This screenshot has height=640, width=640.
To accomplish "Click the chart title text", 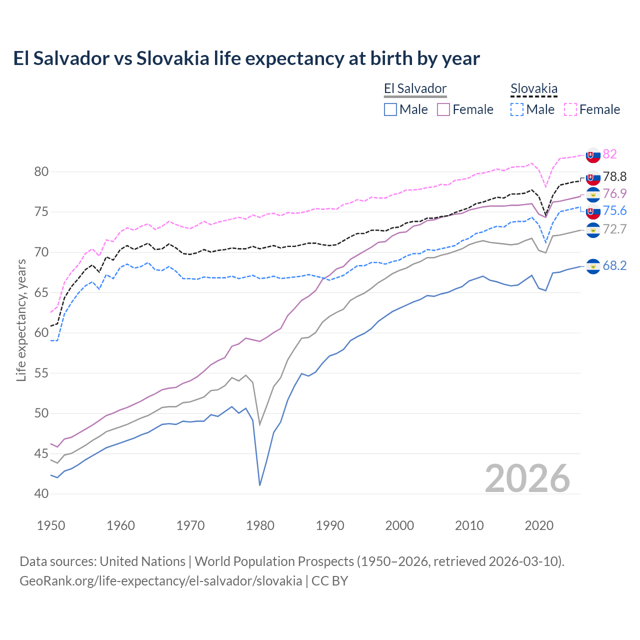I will tap(246, 58).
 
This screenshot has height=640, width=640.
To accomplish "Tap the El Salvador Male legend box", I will tap(390, 109).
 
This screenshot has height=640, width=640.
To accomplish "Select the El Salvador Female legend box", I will tap(443, 109).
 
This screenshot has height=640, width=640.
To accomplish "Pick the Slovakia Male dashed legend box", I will tap(517, 109).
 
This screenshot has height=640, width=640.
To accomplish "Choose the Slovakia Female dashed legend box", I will tap(570, 109).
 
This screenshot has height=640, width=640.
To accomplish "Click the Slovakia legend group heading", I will tap(533, 89).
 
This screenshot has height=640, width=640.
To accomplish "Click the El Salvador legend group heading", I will tap(415, 89).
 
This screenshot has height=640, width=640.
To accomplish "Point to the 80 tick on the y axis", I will tap(41, 172).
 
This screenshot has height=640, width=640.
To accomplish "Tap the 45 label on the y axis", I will tap(41, 454).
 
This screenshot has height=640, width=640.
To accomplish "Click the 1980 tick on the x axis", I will tap(260, 525).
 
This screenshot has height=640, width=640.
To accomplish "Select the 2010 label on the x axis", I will tap(469, 525).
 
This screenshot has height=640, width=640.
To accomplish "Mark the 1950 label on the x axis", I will tap(51, 525).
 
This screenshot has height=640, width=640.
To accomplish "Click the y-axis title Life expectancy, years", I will tap(21, 320).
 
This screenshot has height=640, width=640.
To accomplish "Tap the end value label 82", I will tap(609, 154).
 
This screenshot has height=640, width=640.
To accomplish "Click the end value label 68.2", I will tap(614, 266).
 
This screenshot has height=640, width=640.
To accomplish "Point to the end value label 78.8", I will tap(614, 177).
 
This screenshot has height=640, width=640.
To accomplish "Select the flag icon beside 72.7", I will tap(593, 230).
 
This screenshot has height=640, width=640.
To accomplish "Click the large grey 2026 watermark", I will tap(527, 478).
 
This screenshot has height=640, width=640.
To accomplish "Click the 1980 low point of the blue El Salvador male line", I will tap(260, 485).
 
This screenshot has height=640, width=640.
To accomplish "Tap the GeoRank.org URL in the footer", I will tap(160, 581).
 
